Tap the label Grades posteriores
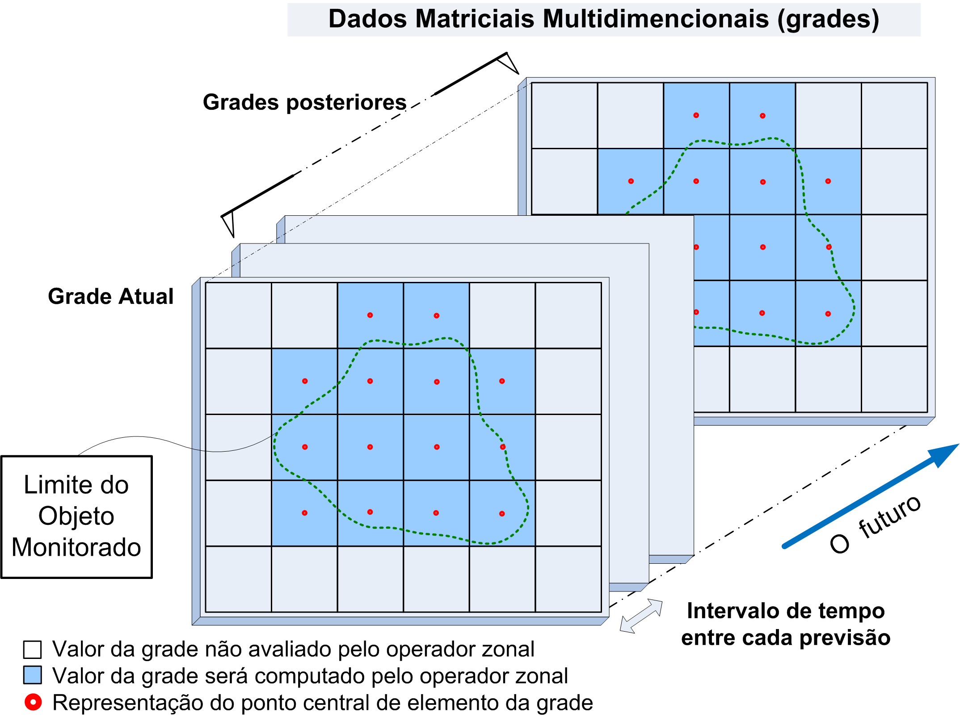click(x=304, y=102)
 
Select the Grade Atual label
click(x=110, y=297)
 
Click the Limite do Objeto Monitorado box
click(x=76, y=516)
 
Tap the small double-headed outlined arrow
click(x=641, y=616)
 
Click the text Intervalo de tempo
click(x=785, y=611)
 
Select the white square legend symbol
click(x=32, y=650)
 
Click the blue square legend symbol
click(x=32, y=675)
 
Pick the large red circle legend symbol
click(x=33, y=702)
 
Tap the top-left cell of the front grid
click(x=238, y=315)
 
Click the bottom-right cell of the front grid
click(x=568, y=579)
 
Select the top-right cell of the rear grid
click(x=894, y=115)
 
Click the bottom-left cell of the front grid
click(x=238, y=579)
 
